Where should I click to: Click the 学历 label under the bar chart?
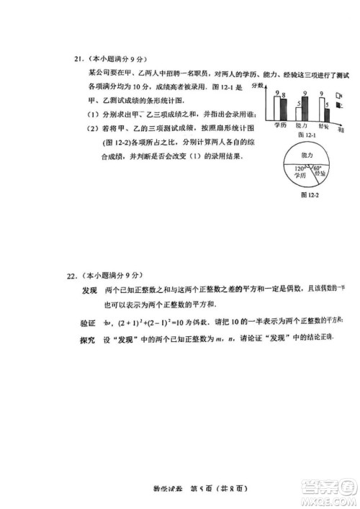tap(280, 126)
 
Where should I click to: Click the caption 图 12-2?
tap(310, 194)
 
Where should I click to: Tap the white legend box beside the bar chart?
tap(339, 94)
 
